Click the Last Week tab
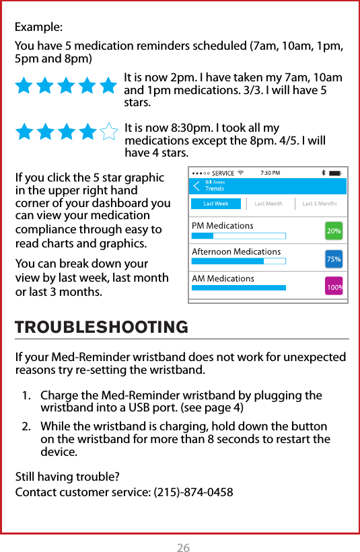(x=216, y=204)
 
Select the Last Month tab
(x=268, y=204)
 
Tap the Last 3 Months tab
(x=320, y=204)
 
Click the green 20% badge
(x=333, y=231)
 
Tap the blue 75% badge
(x=333, y=259)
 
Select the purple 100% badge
(x=334, y=287)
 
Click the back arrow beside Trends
(x=196, y=186)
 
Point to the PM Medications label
(x=223, y=225)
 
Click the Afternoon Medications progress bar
(x=238, y=261)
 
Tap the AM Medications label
(x=223, y=278)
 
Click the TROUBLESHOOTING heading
(x=102, y=327)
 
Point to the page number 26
(x=183, y=548)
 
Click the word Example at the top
(x=39, y=28)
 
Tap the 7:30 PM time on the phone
(x=271, y=172)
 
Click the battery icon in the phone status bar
(x=336, y=172)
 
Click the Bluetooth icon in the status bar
(x=323, y=172)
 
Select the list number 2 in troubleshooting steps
(x=26, y=427)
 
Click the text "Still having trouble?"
(x=67, y=477)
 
